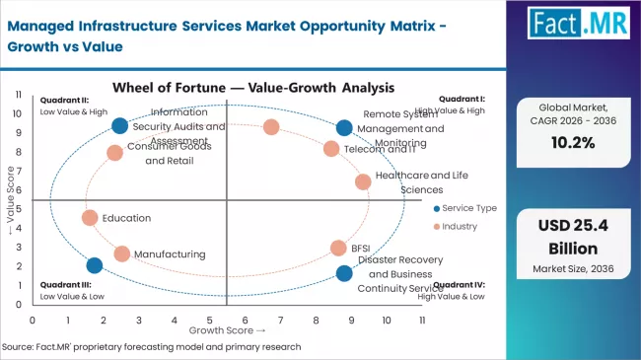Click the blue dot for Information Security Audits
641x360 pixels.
[119, 125]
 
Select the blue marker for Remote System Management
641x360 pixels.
[343, 127]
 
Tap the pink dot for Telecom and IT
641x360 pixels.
[331, 149]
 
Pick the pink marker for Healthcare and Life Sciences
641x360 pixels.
[363, 181]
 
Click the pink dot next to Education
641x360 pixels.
[90, 218]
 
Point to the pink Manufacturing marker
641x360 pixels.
[121, 253]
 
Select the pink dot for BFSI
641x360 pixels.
[338, 249]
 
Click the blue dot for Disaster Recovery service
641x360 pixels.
[343, 273]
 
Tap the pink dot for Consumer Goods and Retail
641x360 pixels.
[115, 153]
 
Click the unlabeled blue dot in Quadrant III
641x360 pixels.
[94, 265]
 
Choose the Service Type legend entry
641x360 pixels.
[463, 208]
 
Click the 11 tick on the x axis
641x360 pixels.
[422, 320]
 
